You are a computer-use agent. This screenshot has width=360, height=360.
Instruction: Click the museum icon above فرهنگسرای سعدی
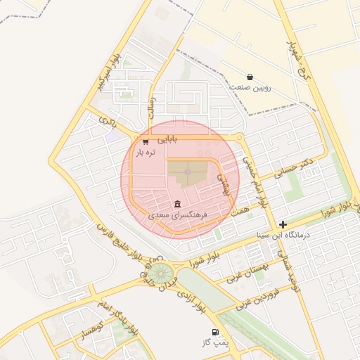[x=176, y=205]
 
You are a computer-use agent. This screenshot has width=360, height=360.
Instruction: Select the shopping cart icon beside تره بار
[x=146, y=141]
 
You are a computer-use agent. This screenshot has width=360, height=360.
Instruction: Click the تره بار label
[x=144, y=152]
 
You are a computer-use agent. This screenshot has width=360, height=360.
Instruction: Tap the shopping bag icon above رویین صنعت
[x=250, y=77]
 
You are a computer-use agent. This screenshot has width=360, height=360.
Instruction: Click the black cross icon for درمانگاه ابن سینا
[x=283, y=224]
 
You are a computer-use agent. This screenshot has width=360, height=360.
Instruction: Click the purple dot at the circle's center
[x=187, y=172]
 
